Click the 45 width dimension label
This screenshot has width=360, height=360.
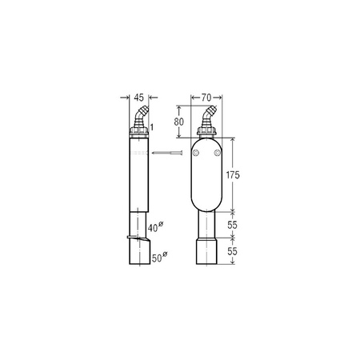pyautogui.click(x=138, y=98)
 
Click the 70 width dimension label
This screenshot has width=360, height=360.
pyautogui.click(x=206, y=98)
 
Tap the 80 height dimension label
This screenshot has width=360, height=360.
pyautogui.click(x=178, y=122)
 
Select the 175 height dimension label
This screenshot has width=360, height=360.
pyautogui.click(x=233, y=175)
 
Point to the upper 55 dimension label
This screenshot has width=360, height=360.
pyautogui.click(x=232, y=225)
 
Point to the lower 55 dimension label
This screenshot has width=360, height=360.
pyautogui.click(x=232, y=251)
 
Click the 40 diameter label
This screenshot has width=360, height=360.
pyautogui.click(x=155, y=226)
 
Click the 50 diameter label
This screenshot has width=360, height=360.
pyautogui.click(x=160, y=257)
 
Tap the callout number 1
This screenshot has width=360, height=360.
pyautogui.click(x=152, y=127)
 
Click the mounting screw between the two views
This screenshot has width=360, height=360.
pyautogui.click(x=167, y=153)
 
